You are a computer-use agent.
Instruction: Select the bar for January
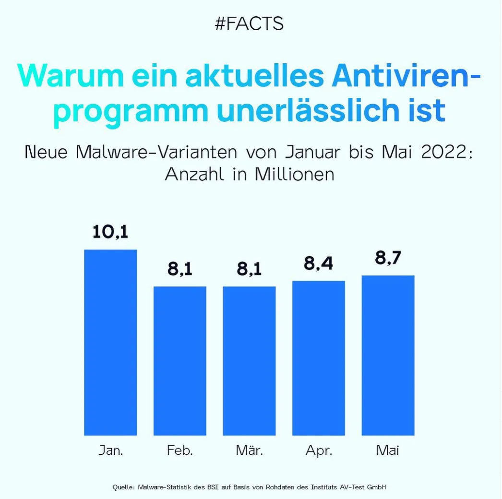coord(110,343)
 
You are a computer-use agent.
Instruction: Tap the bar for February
coord(180,361)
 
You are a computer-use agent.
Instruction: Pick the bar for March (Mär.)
coord(249,361)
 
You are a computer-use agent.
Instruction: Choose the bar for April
coord(319,358)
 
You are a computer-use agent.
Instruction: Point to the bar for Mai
coord(388,356)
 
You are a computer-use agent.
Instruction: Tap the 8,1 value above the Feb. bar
coord(180,269)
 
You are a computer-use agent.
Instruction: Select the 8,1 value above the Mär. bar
coord(249,269)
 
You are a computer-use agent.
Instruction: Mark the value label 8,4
coord(319,263)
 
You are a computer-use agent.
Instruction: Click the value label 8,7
coord(388,258)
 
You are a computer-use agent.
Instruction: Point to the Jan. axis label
coord(111,451)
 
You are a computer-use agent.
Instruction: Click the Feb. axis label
coord(180,451)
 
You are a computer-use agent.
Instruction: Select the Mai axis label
coord(388,451)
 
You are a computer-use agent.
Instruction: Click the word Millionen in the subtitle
coord(294,174)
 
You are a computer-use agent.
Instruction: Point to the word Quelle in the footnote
coord(123,487)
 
